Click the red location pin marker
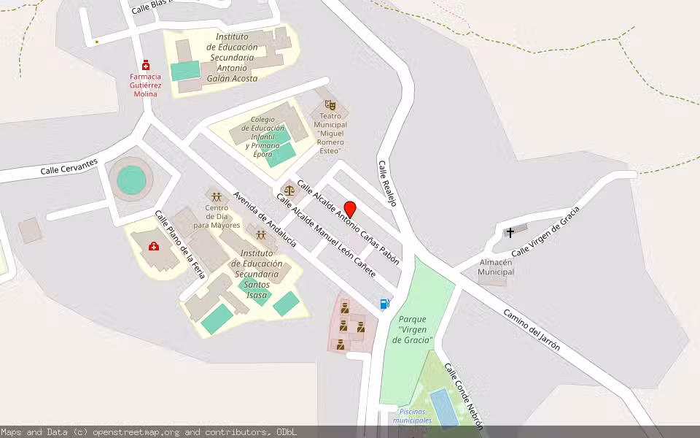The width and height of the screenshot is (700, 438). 350,208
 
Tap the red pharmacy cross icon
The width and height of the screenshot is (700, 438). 146,65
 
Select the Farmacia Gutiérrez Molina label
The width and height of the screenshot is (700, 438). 146,85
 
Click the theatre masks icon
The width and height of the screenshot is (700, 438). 329,106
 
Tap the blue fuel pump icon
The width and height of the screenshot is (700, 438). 384,304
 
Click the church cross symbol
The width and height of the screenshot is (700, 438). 510,232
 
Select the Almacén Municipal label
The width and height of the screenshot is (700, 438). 496,267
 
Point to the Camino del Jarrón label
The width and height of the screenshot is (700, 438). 532,329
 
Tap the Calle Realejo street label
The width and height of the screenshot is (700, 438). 386,183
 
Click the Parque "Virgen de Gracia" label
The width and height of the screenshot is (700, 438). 413,330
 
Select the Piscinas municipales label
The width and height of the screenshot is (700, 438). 412,420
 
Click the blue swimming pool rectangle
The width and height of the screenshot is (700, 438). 443,407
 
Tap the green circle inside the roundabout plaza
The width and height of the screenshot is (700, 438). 131,180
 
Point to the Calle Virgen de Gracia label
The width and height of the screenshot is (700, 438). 545,231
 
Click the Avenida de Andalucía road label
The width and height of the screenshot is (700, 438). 265,219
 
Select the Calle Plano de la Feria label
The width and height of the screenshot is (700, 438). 179,244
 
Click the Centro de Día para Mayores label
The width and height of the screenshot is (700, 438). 216,216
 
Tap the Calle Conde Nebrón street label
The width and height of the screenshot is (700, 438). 464,395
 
